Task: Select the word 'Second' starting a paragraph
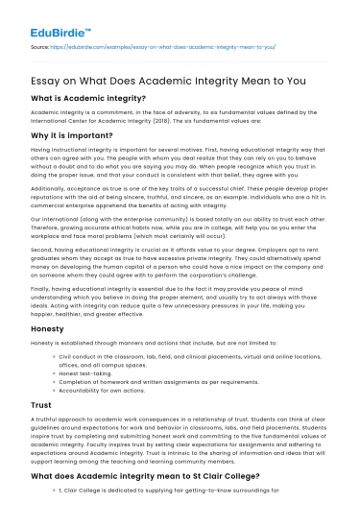43,272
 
